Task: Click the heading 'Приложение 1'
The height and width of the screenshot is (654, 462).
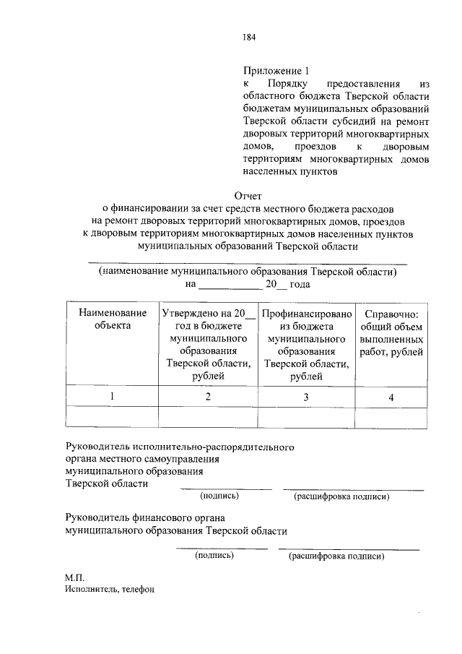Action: (276, 71)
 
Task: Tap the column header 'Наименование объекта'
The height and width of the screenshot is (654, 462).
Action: (112, 319)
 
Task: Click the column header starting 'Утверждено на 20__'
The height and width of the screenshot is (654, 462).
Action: (209, 344)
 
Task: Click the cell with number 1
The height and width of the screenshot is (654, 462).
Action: (112, 397)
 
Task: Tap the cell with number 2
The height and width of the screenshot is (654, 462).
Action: (209, 397)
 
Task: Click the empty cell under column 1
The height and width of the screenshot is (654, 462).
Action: (112, 418)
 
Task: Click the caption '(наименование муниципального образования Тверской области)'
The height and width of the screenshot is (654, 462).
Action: (248, 272)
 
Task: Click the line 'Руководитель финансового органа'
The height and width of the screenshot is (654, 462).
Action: (144, 517)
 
